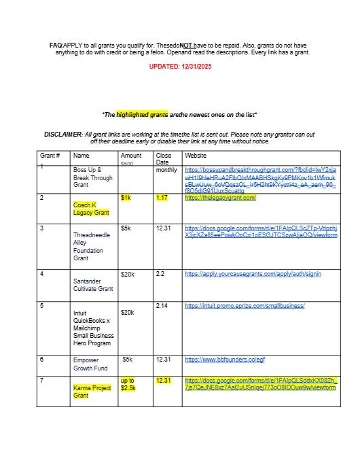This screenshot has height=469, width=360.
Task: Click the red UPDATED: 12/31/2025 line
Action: (x=180, y=67)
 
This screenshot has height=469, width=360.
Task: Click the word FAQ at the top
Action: (x=56, y=45)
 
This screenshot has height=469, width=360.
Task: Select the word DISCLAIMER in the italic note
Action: (x=63, y=135)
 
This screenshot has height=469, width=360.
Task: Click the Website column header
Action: (x=196, y=156)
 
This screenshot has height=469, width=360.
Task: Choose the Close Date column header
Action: (x=163, y=159)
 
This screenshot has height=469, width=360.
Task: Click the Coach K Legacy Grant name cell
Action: (x=91, y=208)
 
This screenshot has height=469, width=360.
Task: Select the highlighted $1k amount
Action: (x=126, y=198)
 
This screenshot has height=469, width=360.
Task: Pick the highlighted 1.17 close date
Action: (x=162, y=198)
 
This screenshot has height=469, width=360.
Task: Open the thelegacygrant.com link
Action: (x=220, y=198)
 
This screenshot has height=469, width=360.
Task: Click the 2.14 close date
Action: (x=162, y=307)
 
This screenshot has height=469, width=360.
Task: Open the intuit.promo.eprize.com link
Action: (x=245, y=306)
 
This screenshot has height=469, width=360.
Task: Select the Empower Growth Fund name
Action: (x=90, y=364)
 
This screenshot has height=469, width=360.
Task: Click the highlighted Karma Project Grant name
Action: (x=92, y=392)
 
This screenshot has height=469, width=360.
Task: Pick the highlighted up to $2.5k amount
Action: (x=128, y=384)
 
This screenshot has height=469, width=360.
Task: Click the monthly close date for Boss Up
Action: (x=166, y=170)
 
